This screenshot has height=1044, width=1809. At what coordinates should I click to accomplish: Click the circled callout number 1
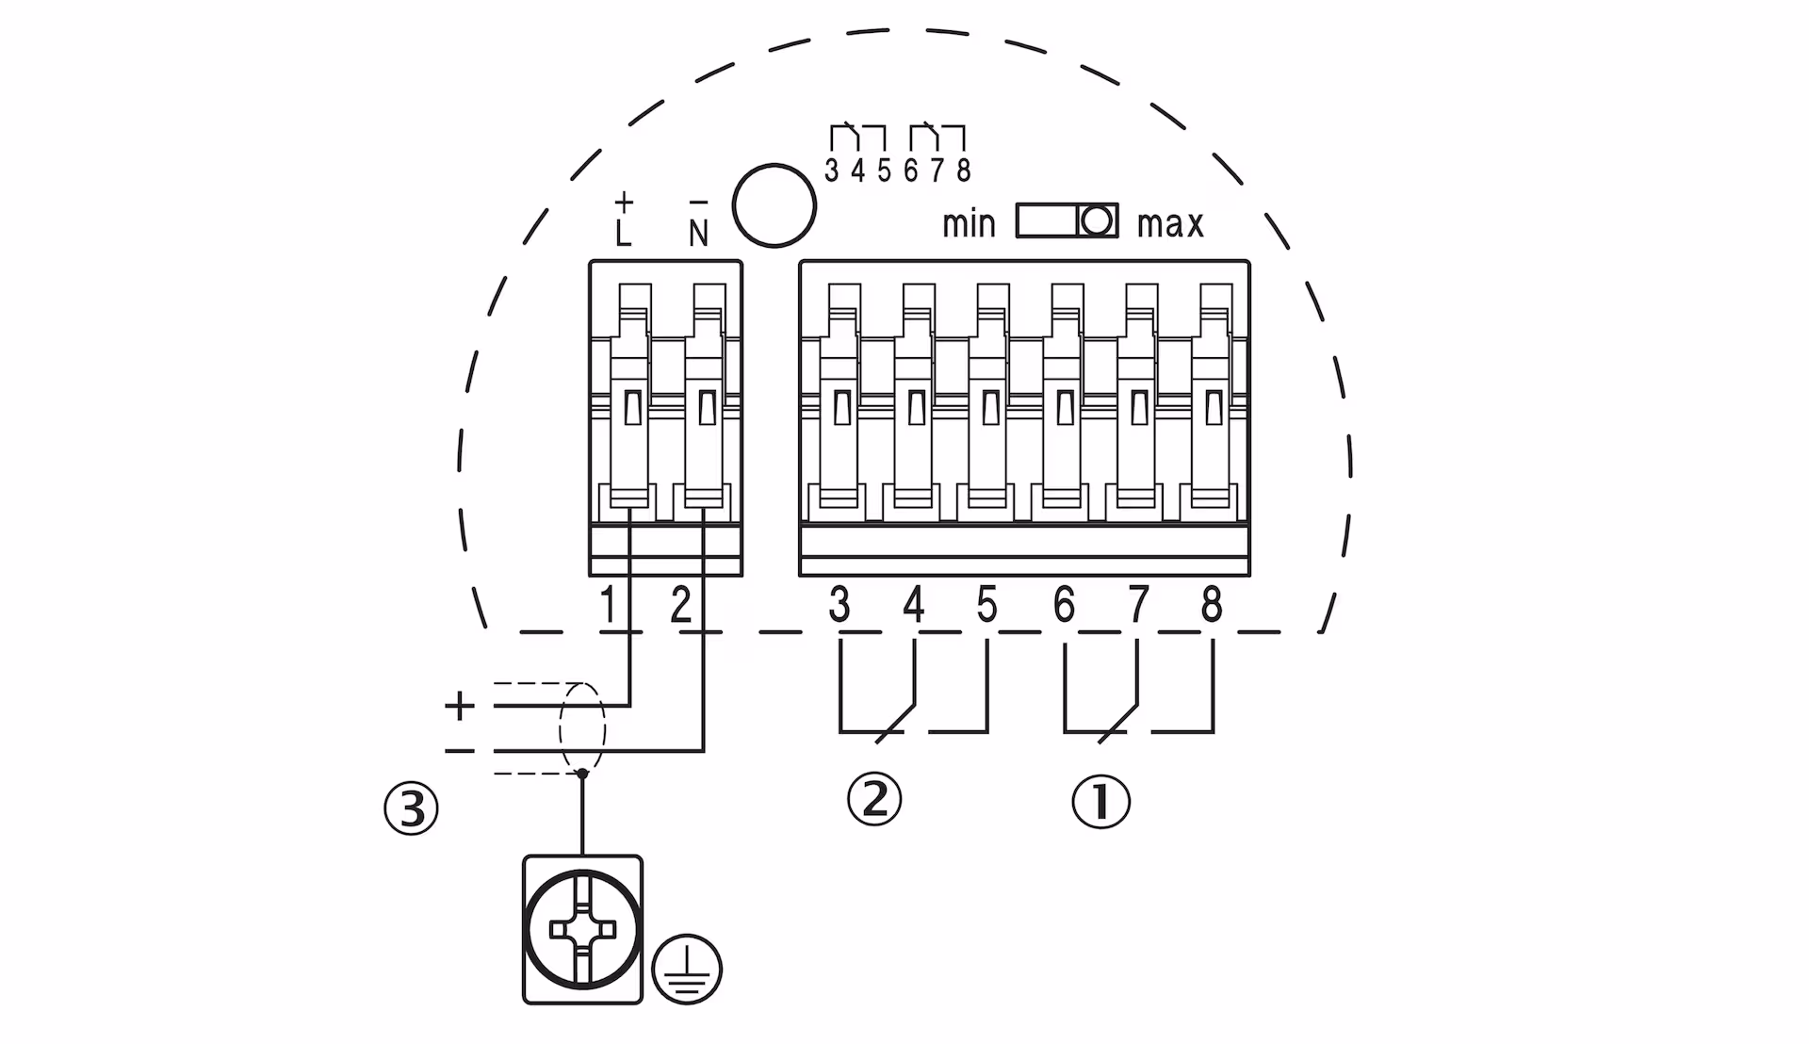[1100, 802]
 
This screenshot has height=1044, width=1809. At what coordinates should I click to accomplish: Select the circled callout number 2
[874, 799]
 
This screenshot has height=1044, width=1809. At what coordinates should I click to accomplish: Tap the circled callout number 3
[412, 808]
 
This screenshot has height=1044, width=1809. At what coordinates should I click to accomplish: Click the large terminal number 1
[608, 605]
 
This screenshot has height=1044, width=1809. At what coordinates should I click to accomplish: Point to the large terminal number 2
[680, 605]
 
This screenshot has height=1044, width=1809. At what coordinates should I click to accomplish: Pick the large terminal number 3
[839, 605]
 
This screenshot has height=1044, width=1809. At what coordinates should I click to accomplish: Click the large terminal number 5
[986, 605]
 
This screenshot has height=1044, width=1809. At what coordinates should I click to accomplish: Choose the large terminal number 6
[1064, 605]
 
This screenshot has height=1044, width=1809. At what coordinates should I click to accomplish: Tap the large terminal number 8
[1212, 605]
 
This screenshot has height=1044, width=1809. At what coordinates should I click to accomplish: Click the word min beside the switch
[969, 224]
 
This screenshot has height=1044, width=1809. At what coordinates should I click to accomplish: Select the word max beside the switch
[1170, 224]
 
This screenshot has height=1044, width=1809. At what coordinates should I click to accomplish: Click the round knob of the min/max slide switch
[1096, 221]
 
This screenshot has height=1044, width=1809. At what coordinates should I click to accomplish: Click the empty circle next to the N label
[774, 205]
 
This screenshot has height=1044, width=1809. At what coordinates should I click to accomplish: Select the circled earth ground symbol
[687, 969]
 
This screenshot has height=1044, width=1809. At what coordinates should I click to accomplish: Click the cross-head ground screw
[582, 929]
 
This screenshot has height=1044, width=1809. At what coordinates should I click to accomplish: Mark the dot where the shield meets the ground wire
[582, 774]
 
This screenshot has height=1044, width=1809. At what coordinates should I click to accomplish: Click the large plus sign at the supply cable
[460, 706]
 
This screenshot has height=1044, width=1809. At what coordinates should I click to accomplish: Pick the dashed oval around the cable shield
[582, 728]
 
